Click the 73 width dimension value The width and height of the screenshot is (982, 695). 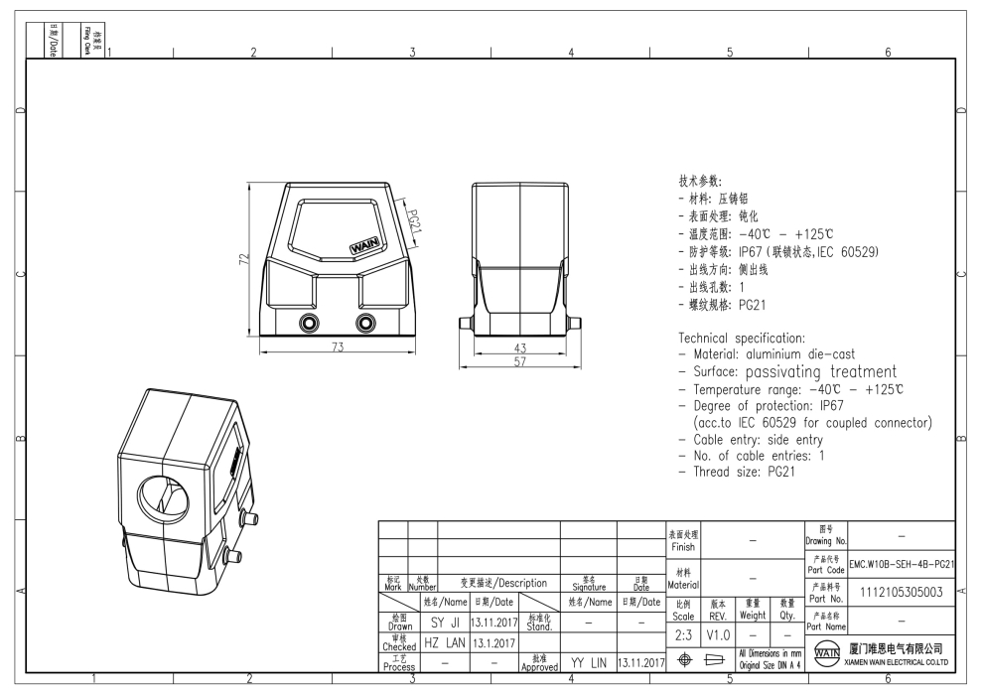(338, 347)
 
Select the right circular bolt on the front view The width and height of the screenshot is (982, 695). (366, 323)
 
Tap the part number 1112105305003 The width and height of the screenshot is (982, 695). (901, 592)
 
